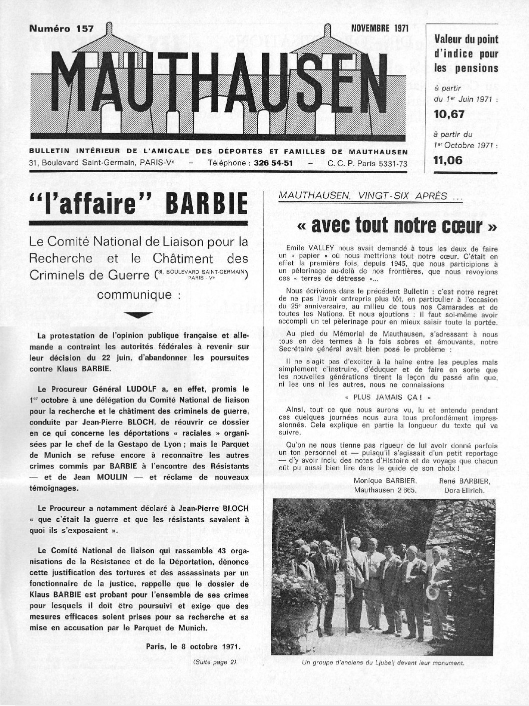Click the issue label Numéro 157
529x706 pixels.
(62, 29)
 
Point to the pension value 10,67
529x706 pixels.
(449, 115)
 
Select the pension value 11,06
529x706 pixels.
(448, 160)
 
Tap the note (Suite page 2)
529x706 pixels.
(215, 661)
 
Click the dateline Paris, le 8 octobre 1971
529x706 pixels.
(193, 645)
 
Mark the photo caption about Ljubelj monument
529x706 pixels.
(383, 664)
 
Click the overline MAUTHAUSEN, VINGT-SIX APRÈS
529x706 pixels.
(370, 196)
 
